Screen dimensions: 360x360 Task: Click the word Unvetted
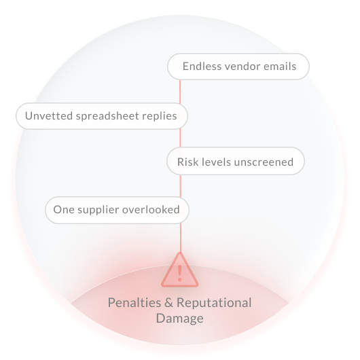[x=49, y=115]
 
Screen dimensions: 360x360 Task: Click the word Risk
[x=185, y=162]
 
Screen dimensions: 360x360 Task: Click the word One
[x=64, y=210]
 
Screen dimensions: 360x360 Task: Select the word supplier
[x=98, y=211]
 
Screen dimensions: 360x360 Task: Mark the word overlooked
[x=151, y=210]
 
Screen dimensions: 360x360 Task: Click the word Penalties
[x=134, y=302]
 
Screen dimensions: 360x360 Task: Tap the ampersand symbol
[x=168, y=303]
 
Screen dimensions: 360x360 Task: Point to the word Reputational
[x=214, y=304]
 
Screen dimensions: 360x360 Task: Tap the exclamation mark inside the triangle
[x=180, y=273]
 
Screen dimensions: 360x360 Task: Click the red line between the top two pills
[x=180, y=92]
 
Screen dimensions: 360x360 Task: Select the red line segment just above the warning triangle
[x=181, y=238]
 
